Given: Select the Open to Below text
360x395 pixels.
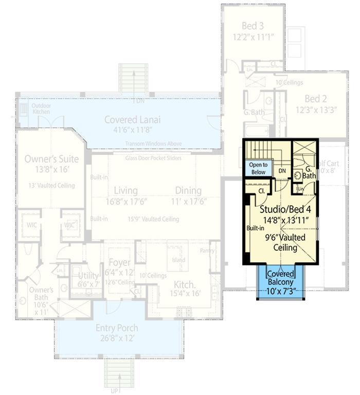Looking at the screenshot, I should [258, 168].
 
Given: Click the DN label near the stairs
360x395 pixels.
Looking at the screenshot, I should [282, 171].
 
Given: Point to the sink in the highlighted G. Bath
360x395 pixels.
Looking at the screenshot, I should [297, 175].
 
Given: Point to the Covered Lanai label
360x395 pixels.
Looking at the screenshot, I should [132, 119].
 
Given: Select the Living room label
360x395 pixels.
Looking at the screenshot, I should [125, 191].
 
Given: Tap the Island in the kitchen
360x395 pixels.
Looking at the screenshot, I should [178, 260].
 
